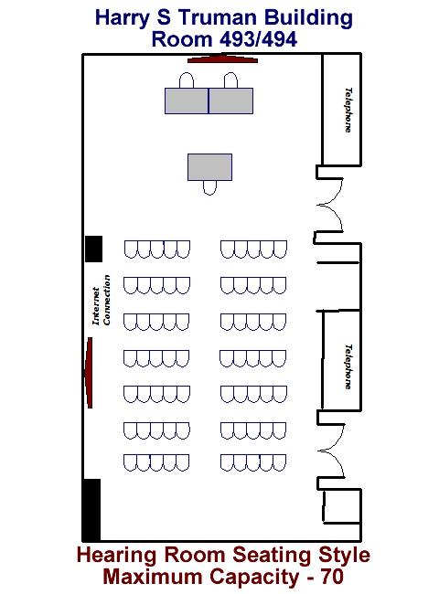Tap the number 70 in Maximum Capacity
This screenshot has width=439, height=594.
tap(332, 577)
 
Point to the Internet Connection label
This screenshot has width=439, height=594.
tap(102, 300)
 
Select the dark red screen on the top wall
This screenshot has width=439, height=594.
tap(223, 58)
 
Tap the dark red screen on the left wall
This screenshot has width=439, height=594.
tap(89, 373)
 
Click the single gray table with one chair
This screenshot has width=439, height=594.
tap(210, 167)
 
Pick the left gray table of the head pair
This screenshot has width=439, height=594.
tap(187, 101)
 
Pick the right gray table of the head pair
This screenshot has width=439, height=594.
tap(230, 101)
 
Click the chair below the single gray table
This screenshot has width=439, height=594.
tap(209, 188)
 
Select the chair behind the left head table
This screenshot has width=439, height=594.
tap(187, 80)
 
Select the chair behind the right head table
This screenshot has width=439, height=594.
tap(230, 80)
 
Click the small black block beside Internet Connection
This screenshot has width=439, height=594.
tap(93, 249)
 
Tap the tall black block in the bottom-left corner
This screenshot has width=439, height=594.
tap(91, 510)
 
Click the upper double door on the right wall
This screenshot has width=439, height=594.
tap(330, 205)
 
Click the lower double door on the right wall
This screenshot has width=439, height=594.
tap(331, 451)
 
